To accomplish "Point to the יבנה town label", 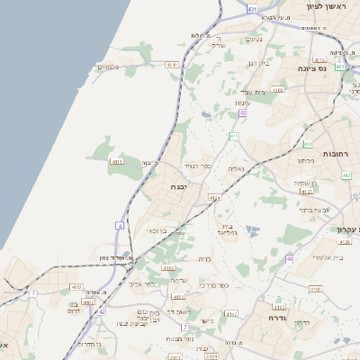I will pyautogui.click(x=180, y=188).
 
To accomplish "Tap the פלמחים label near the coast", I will pyautogui.click(x=108, y=66).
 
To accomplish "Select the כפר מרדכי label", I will pyautogui.click(x=211, y=286).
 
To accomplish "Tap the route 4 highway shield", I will pyautogui.click(x=119, y=225).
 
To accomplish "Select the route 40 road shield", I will pyautogui.click(x=290, y=258).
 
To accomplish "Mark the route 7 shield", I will pyautogui.click(x=33, y=292).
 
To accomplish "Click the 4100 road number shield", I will pyautogui.click(x=314, y=288).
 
